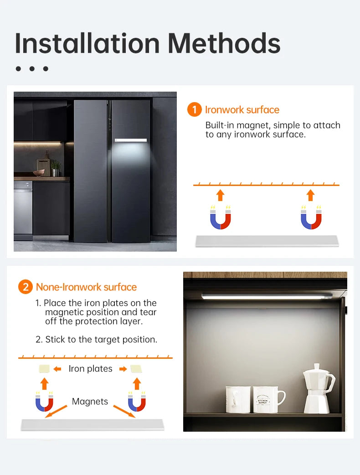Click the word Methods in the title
[224, 44]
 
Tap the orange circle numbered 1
[195, 110]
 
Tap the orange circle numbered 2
[26, 287]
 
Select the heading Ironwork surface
[242, 110]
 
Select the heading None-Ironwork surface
[86, 287]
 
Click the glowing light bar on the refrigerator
[131, 140]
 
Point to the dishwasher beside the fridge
[23, 210]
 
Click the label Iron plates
[90, 369]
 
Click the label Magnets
[90, 402]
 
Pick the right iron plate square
[136, 368]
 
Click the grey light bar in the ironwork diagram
[267, 241]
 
